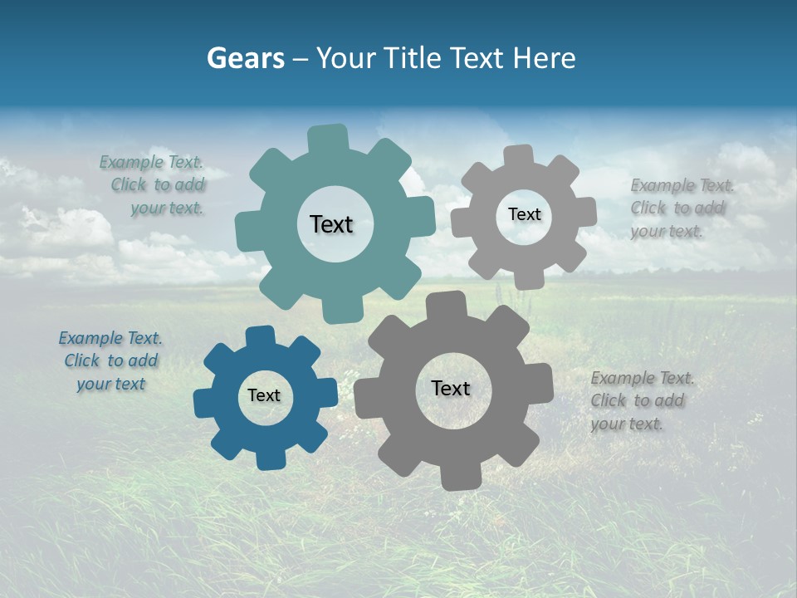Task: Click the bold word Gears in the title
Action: pyautogui.click(x=244, y=58)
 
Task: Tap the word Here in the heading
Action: pyautogui.click(x=544, y=58)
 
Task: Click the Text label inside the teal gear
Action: pyautogui.click(x=331, y=224)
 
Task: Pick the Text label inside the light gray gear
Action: pyautogui.click(x=524, y=214)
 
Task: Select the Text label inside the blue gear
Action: pyautogui.click(x=264, y=395)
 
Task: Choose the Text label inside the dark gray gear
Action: pyautogui.click(x=451, y=388)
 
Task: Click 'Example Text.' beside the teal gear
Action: pyautogui.click(x=151, y=163)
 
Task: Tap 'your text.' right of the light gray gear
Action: pyautogui.click(x=666, y=232)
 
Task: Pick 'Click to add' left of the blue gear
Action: pyautogui.click(x=111, y=361)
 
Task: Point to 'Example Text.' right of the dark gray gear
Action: pyautogui.click(x=642, y=379)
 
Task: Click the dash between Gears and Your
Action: pyautogui.click(x=302, y=58)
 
